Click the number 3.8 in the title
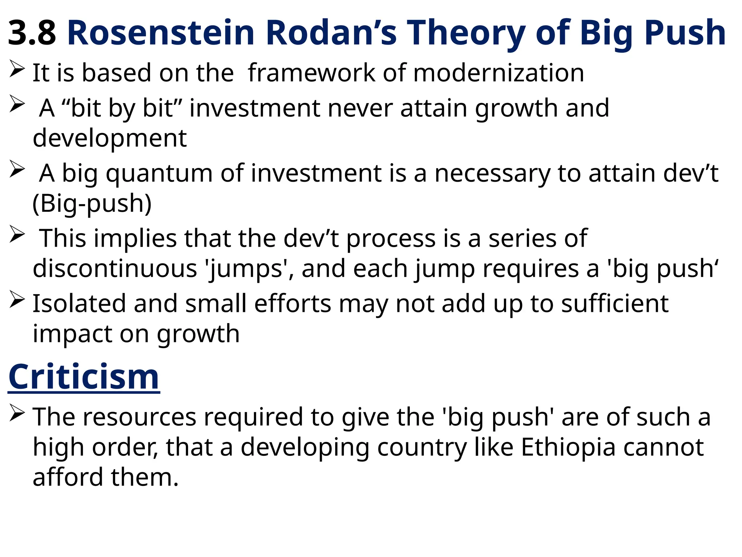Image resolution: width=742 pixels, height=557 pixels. click(x=32, y=33)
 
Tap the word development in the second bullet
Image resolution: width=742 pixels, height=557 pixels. click(x=110, y=138)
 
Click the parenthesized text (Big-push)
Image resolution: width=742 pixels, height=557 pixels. click(x=92, y=203)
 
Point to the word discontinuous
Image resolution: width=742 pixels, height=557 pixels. click(x=115, y=269)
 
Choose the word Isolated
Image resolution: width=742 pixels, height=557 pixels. click(x=79, y=304)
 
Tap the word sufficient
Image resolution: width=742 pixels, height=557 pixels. click(x=614, y=304)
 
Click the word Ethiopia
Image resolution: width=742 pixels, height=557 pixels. click(x=568, y=447)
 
